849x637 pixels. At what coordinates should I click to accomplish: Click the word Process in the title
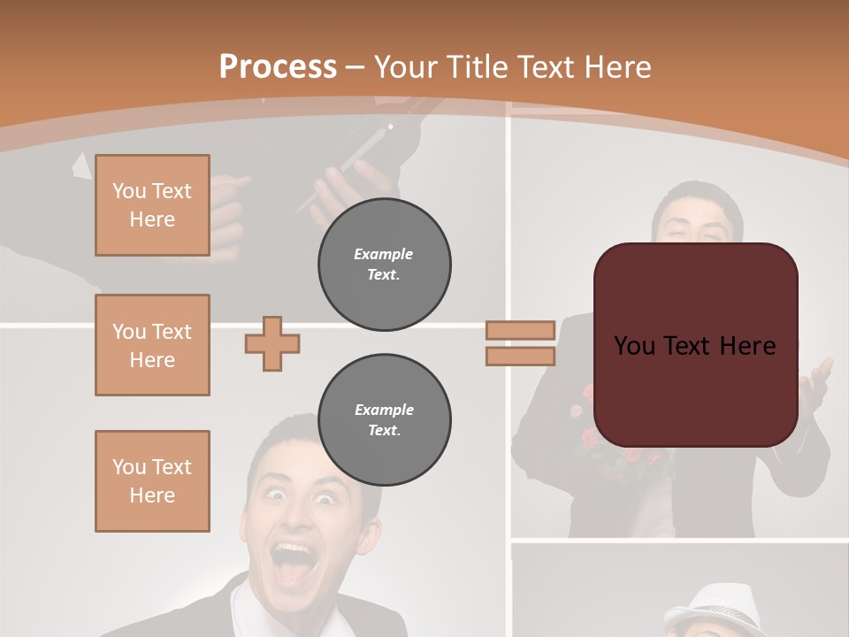(278, 66)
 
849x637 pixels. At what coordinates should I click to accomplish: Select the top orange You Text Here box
(152, 205)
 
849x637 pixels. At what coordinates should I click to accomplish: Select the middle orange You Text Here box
(152, 345)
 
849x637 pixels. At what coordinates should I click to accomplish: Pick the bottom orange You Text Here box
(152, 480)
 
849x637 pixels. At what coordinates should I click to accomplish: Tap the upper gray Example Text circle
(384, 265)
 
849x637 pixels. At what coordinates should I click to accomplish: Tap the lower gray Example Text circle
(384, 420)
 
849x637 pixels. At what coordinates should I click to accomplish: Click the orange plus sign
(272, 343)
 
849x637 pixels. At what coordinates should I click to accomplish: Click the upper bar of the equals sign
(520, 330)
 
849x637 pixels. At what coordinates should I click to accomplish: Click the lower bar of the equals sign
(520, 356)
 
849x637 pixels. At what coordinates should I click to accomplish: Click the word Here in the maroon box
(747, 346)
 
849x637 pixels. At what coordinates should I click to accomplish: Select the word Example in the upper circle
(384, 254)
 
